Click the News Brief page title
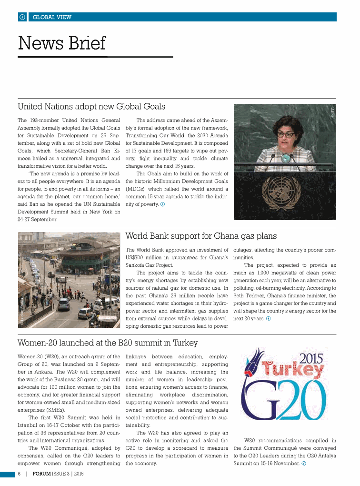(62, 43)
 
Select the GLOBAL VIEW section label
(52, 17)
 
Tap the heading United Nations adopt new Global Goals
(91, 106)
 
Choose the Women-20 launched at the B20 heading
(108, 343)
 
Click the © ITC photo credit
(333, 112)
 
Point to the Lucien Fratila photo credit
(22, 310)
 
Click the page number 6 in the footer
(19, 474)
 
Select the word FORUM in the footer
(42, 474)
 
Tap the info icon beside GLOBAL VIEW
(22, 17)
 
